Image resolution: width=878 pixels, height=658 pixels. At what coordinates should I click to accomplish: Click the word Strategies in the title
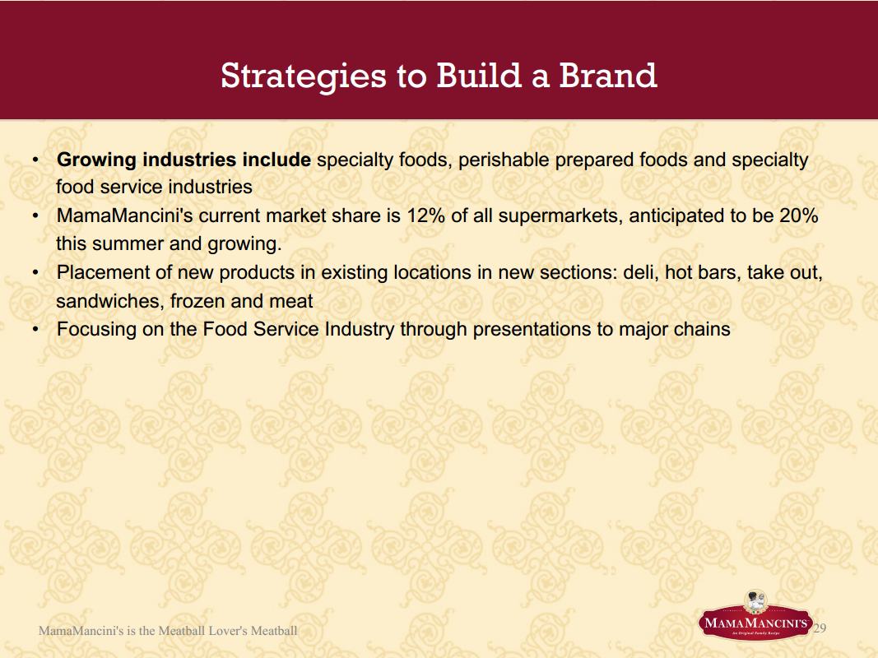pos(304,76)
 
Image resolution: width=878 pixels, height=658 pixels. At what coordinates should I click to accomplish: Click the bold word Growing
pos(96,160)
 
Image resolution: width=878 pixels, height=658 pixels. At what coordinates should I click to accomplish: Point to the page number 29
pos(820,628)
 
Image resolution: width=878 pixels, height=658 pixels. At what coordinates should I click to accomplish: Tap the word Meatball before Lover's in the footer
pos(181,631)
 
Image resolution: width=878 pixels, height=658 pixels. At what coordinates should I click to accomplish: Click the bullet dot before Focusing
pos(35,330)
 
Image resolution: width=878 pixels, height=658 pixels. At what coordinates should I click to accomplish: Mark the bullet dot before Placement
pos(35,273)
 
